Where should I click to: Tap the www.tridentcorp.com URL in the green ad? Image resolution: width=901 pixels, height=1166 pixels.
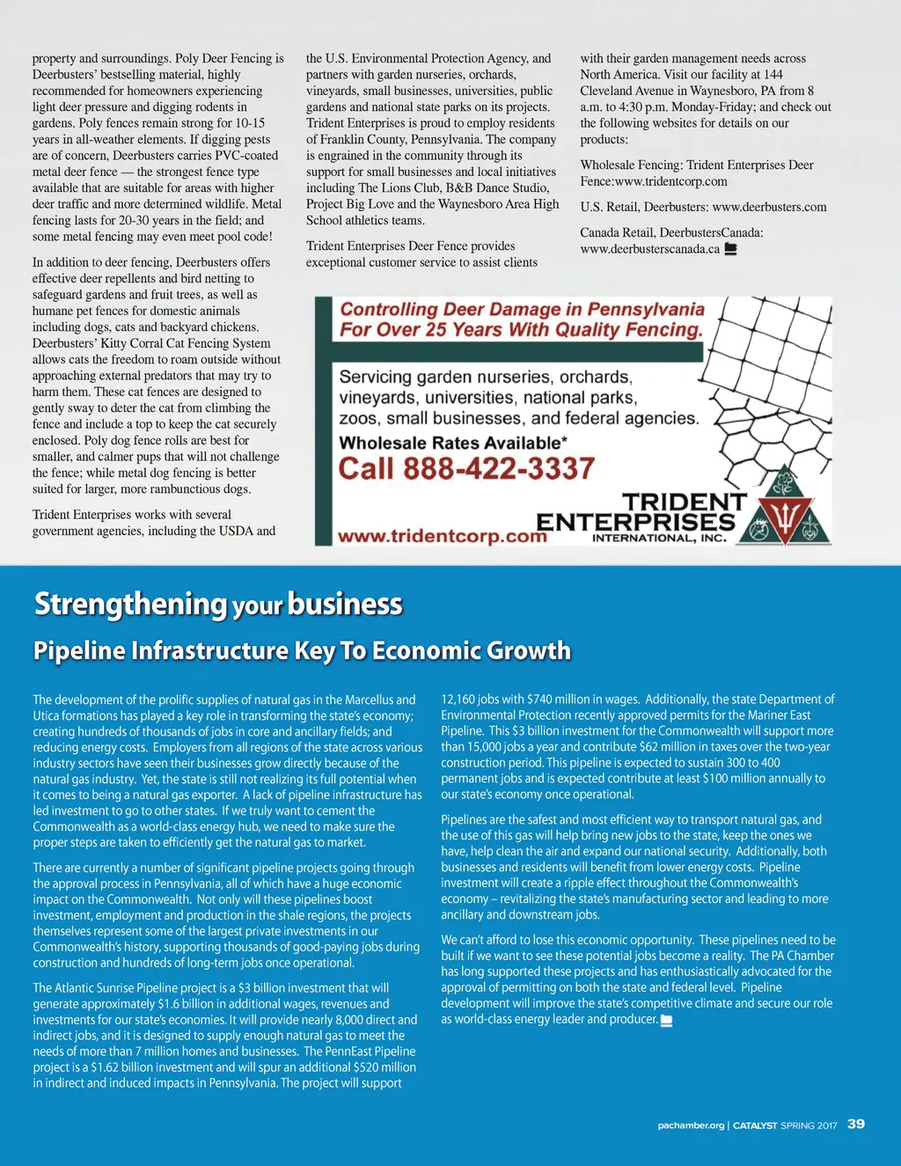pyautogui.click(x=443, y=536)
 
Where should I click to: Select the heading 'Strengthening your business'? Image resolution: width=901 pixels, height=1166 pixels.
pyautogui.click(x=218, y=605)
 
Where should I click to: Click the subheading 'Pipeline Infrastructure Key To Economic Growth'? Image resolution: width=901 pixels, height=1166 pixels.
pyautogui.click(x=302, y=651)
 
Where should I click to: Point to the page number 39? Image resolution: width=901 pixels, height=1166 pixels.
pyautogui.click(x=855, y=1124)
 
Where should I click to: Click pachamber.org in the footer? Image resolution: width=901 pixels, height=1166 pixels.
pyautogui.click(x=691, y=1126)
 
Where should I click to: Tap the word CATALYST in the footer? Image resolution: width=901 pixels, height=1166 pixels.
pyautogui.click(x=755, y=1126)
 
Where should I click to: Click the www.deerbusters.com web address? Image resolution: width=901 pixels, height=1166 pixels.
pyautogui.click(x=769, y=207)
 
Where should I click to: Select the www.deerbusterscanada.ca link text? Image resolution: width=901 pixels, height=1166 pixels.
pyautogui.click(x=650, y=249)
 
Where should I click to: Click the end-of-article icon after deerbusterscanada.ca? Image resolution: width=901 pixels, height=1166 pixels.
pyautogui.click(x=729, y=249)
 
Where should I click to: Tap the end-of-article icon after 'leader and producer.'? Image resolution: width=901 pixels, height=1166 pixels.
pyautogui.click(x=666, y=1020)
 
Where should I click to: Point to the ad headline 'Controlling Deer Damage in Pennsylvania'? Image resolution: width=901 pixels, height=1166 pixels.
pyautogui.click(x=523, y=309)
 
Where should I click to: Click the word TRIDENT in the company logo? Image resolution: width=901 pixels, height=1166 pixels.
pyautogui.click(x=684, y=502)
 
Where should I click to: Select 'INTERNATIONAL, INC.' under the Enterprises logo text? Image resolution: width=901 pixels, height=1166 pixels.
pyautogui.click(x=660, y=538)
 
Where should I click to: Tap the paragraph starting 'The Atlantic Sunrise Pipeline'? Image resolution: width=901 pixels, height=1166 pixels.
pyautogui.click(x=224, y=1035)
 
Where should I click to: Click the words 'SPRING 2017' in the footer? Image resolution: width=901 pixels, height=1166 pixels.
pyautogui.click(x=809, y=1126)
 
